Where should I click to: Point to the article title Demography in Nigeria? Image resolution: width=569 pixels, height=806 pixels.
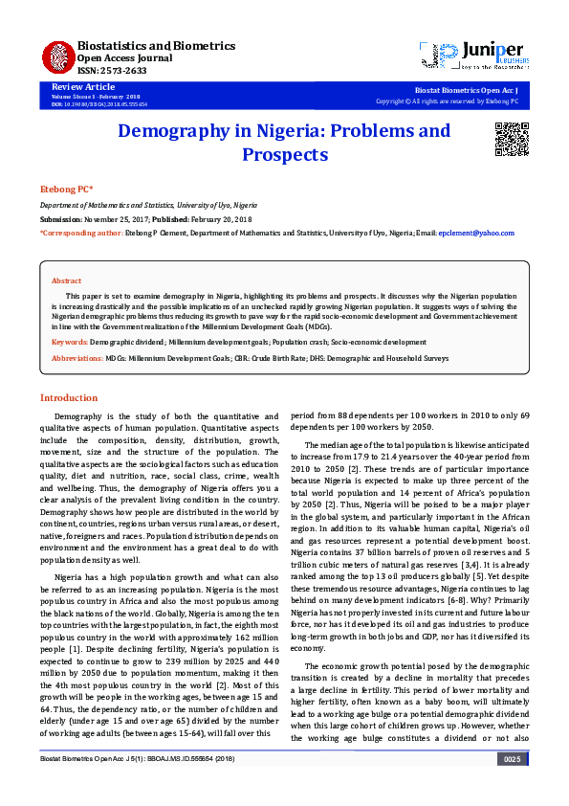[x=284, y=142]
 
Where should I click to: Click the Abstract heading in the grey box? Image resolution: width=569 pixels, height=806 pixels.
[x=66, y=280]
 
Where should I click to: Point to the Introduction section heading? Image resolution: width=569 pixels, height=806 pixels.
[x=68, y=397]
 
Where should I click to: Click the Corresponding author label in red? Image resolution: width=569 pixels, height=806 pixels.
[x=81, y=233]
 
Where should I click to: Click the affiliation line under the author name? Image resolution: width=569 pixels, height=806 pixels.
[x=147, y=206]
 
